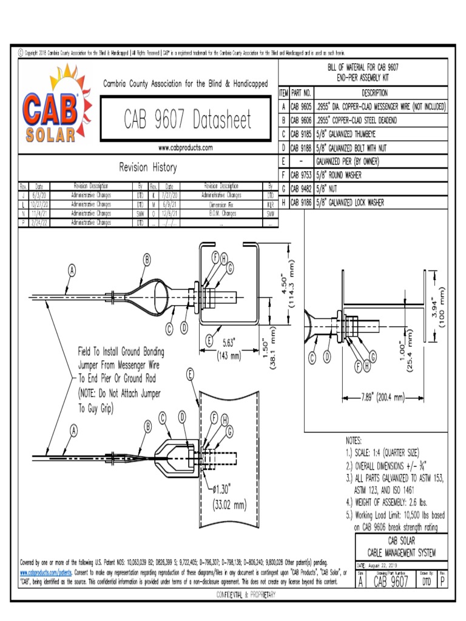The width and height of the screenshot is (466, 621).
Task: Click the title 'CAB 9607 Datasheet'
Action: pos(187,119)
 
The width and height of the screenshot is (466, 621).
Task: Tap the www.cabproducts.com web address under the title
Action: pos(185,147)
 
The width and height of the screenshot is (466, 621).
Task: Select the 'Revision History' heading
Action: pos(148,167)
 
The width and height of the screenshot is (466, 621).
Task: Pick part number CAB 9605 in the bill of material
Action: pos(300,107)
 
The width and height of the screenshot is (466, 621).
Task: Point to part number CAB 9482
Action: pos(300,189)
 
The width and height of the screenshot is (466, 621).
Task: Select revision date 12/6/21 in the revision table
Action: pos(170,213)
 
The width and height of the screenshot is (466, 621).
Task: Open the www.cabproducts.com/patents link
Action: pos(46,572)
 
